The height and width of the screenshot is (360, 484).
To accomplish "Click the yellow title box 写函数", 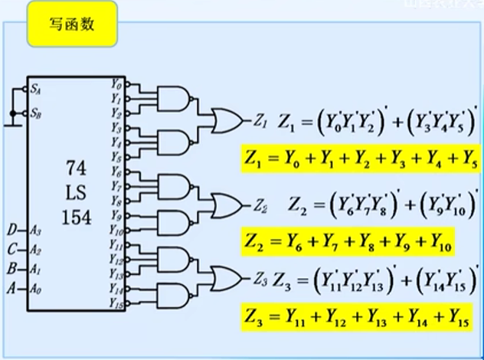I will click(x=73, y=25).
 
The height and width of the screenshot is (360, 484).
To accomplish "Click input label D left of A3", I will click(x=11, y=230).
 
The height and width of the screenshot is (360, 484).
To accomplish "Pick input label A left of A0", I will click(x=11, y=289).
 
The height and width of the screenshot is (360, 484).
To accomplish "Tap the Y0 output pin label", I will click(x=116, y=83).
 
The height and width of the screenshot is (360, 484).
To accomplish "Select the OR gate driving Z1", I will click(x=227, y=119).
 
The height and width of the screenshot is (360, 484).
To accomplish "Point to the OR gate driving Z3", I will click(x=227, y=277).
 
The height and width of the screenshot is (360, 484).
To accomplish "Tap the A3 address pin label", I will click(x=36, y=230).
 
